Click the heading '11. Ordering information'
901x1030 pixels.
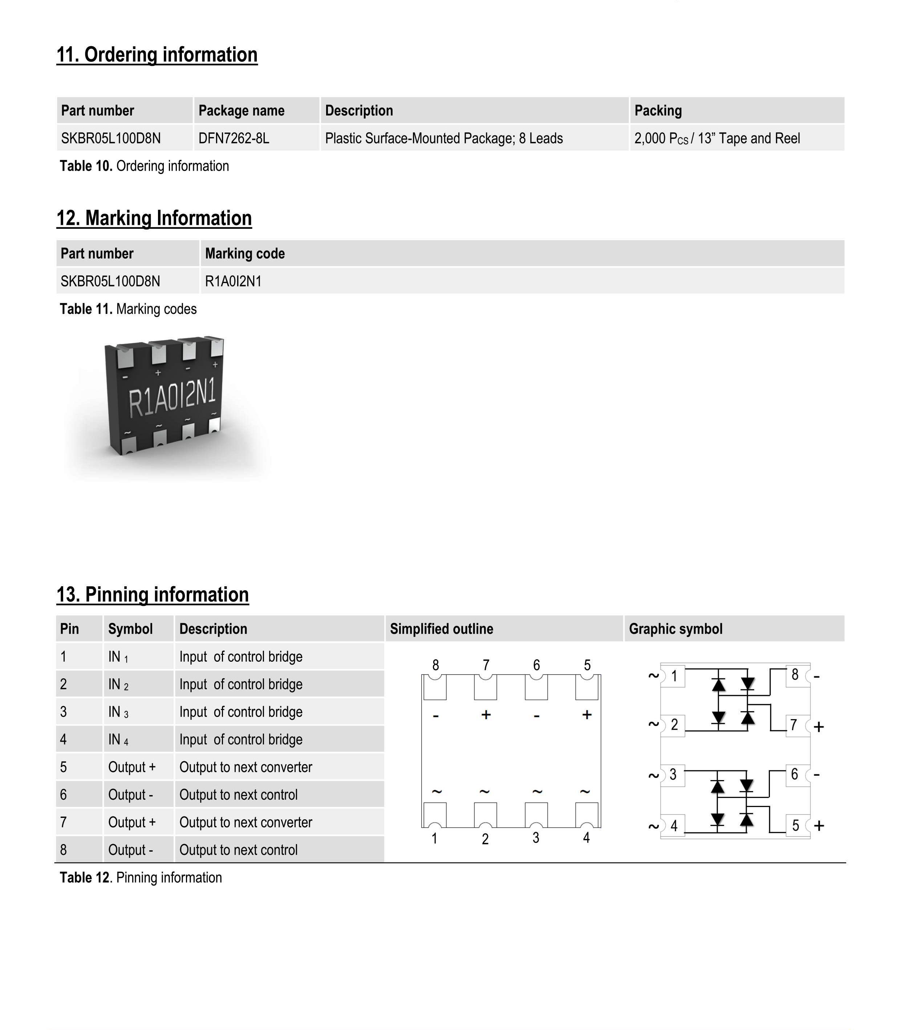point(157,55)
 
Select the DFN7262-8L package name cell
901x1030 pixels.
point(234,138)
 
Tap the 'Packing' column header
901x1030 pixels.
point(658,111)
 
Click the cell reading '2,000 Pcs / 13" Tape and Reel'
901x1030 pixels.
point(717,138)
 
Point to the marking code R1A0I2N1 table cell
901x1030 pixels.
point(233,281)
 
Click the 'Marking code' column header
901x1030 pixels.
point(245,254)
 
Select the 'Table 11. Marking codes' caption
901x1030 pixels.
point(128,309)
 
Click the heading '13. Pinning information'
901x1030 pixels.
point(152,595)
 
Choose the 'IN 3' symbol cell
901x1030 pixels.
point(118,712)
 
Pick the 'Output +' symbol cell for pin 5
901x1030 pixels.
point(132,767)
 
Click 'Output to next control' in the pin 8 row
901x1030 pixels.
point(238,850)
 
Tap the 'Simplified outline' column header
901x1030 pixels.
point(442,629)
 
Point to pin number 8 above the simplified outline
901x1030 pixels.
point(435,665)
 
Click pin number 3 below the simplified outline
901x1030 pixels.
point(536,838)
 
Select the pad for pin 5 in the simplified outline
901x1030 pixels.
point(587,688)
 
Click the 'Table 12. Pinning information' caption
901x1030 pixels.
point(141,877)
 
